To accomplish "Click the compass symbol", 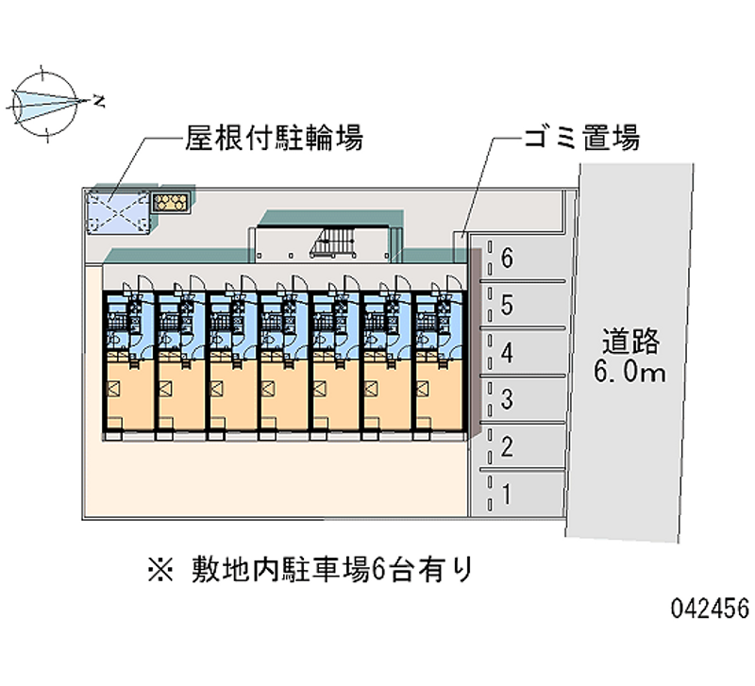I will click(x=43, y=103).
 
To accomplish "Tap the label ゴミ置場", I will click(x=582, y=139).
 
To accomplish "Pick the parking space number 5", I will click(x=507, y=306).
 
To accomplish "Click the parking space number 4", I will click(x=507, y=353).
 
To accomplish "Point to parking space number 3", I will click(x=507, y=399).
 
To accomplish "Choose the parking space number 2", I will click(x=507, y=445).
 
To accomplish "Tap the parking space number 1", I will click(x=507, y=492).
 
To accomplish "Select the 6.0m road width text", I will click(x=630, y=373).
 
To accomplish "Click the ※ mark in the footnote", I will click(x=155, y=570).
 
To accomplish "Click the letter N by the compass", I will click(x=98, y=100).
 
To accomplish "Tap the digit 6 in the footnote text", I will click(x=372, y=570).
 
